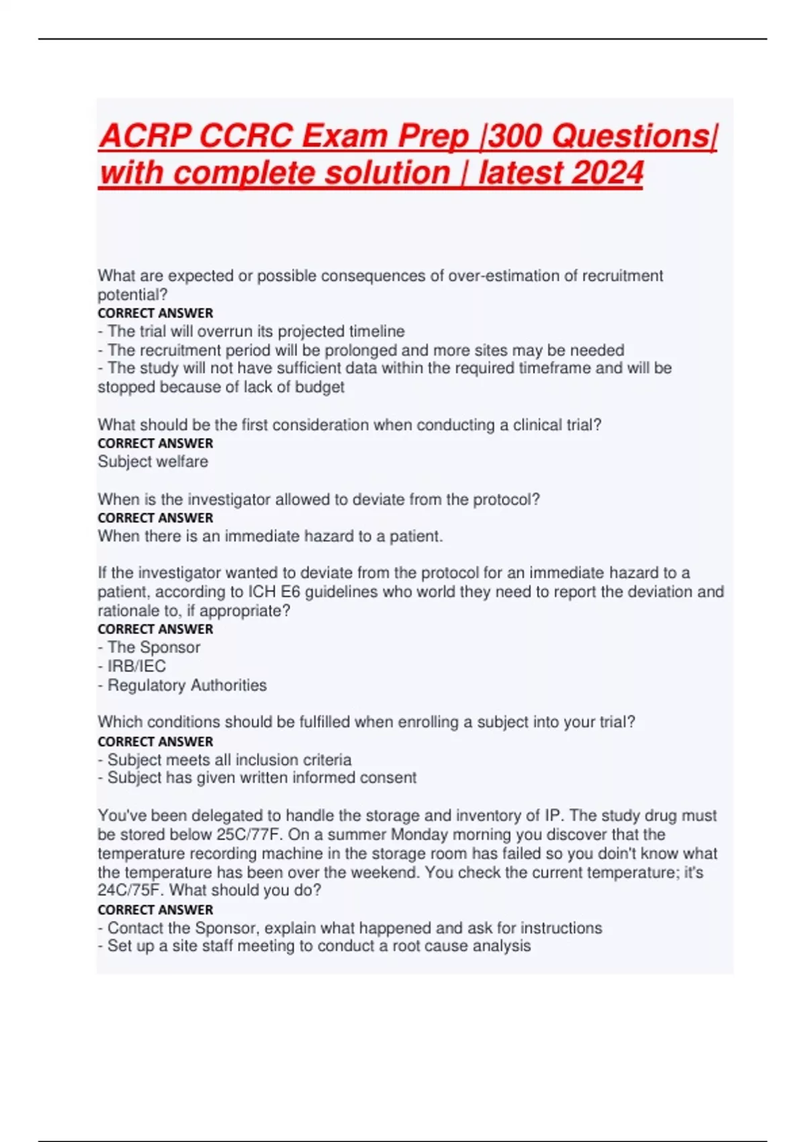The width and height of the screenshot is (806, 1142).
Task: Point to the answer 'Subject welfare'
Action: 152,462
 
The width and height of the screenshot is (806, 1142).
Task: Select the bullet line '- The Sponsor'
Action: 148,647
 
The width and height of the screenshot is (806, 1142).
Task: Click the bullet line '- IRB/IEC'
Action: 132,666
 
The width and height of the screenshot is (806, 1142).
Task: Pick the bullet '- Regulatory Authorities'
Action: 182,685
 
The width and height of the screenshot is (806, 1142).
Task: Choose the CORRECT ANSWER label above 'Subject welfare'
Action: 155,443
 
